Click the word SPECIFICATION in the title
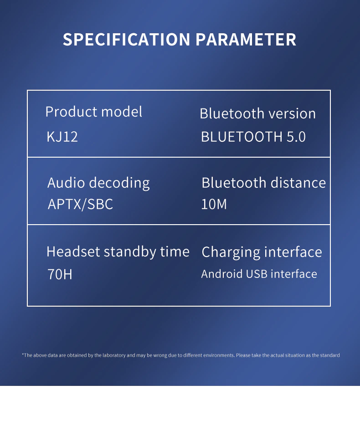[126, 40]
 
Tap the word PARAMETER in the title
[246, 40]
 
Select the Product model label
[94, 112]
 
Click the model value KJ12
[62, 136]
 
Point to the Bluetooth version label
[258, 113]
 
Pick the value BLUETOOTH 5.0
[253, 137]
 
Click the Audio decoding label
[98, 183]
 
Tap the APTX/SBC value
[80, 204]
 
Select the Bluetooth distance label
[264, 183]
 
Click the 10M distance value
[214, 204]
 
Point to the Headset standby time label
[118, 252]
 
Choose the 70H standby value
[60, 274]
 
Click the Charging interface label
[262, 252]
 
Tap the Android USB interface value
[259, 274]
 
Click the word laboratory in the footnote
[114, 355]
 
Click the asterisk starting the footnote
[23, 354]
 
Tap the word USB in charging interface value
[257, 274]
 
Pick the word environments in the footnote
[219, 355]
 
